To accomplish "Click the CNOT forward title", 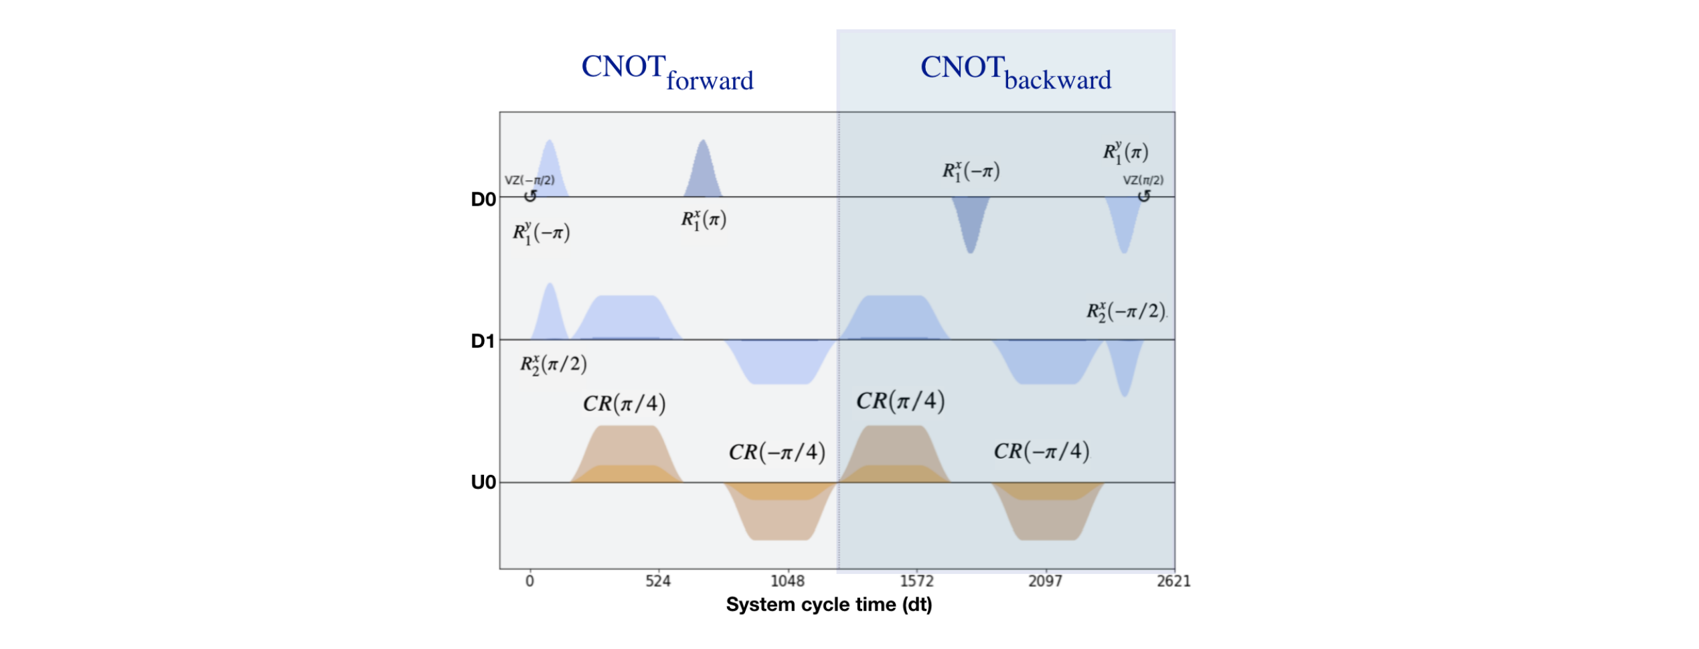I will [x=667, y=72].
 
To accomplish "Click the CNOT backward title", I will [x=1015, y=72].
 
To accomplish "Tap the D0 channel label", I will [x=483, y=200].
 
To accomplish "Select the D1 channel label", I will [x=483, y=342].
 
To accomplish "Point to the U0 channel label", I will [x=483, y=483].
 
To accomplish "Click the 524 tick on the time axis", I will [x=657, y=581].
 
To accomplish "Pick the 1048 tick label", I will [x=787, y=581].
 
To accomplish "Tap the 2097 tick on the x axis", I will [x=1044, y=581].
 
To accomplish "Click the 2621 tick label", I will [x=1174, y=581].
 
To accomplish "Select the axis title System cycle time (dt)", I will [x=829, y=605].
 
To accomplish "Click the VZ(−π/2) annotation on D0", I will [x=529, y=181].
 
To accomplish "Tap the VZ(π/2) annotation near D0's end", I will [x=1143, y=181].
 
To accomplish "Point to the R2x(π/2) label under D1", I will [x=553, y=365].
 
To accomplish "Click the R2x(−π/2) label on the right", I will [x=1125, y=311].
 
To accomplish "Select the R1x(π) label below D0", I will [x=703, y=220].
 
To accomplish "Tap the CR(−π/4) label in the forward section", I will [x=777, y=453].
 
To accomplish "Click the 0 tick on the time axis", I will [x=530, y=581].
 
